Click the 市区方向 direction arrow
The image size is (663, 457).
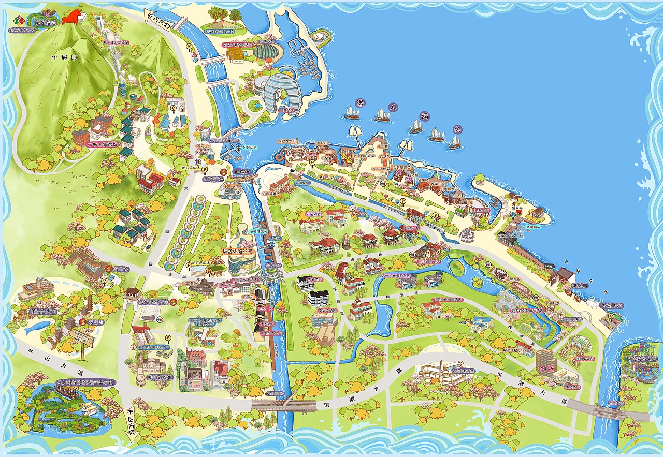point(129,423)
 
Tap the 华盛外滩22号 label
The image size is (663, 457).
point(237,251)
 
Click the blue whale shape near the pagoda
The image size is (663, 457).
point(37,327)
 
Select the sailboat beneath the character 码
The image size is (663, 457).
point(415,126)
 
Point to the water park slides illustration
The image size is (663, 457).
point(639,357)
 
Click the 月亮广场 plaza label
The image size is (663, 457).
point(213,179)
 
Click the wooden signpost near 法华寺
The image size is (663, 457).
point(82,342)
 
